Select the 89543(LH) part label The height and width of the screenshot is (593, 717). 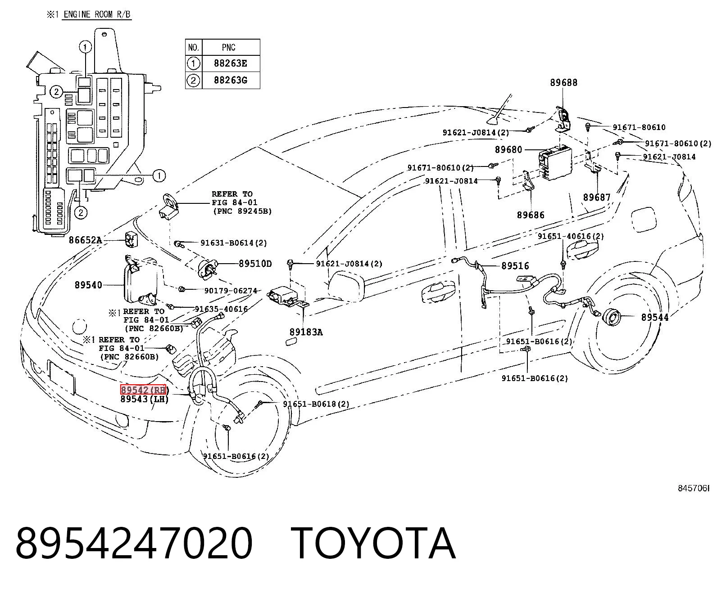point(145,399)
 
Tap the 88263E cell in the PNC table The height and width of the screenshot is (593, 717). point(231,63)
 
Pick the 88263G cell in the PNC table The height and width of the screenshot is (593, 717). point(231,80)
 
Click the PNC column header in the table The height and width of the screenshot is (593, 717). point(229,47)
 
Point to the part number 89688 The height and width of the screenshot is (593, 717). point(564,83)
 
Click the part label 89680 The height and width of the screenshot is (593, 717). point(508,150)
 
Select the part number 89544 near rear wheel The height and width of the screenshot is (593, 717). point(655,318)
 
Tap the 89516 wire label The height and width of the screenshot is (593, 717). point(515,266)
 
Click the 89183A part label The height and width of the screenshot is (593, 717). point(306,332)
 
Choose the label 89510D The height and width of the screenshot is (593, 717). point(255,264)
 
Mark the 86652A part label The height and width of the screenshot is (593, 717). point(86,240)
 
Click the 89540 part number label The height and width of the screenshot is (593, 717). point(89,285)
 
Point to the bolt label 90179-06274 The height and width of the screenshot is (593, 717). point(231,291)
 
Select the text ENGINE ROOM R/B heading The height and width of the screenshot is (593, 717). point(97,14)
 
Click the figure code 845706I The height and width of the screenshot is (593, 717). point(693,488)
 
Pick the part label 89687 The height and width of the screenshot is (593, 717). point(597,198)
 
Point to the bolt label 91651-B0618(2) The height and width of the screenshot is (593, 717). point(316,404)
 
